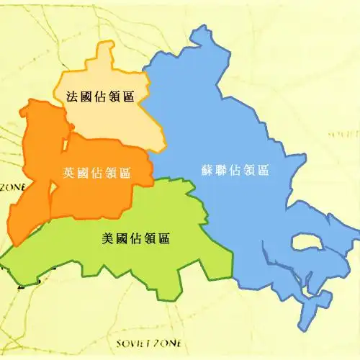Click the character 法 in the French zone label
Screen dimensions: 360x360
(72, 96)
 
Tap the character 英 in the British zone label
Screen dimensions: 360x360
(69, 173)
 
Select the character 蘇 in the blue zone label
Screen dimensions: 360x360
(207, 171)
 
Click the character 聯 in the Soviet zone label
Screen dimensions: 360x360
(222, 171)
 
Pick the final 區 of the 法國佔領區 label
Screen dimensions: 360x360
(129, 96)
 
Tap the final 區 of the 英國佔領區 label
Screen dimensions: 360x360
(125, 173)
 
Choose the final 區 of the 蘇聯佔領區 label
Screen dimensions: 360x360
(263, 171)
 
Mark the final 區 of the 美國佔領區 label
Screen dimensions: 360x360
(164, 238)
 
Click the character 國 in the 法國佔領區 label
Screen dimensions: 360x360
(86, 96)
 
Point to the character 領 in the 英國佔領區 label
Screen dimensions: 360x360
(111, 173)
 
